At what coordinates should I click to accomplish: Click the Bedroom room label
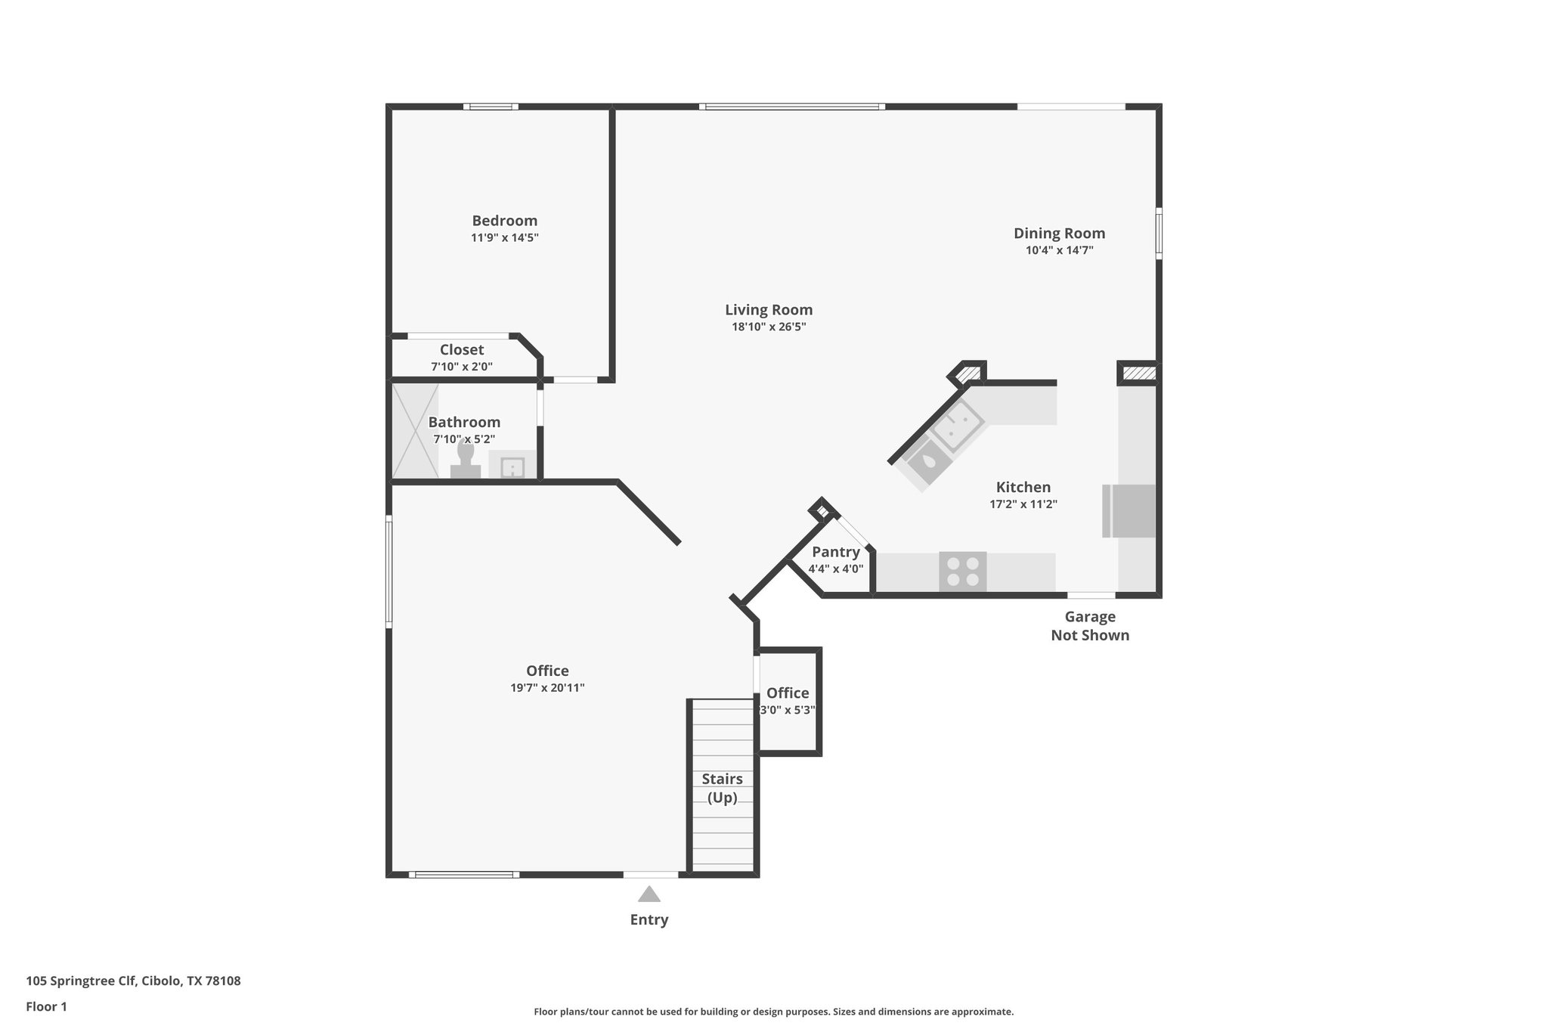[504, 221]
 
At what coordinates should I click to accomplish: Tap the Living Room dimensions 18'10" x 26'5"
[769, 327]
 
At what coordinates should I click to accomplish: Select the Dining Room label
[1059, 234]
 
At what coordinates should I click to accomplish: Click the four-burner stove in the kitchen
[962, 572]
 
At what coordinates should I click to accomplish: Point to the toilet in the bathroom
[466, 460]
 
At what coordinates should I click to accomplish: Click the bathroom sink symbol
[512, 466]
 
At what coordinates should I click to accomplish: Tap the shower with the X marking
[414, 431]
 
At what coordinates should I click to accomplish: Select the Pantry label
[835, 552]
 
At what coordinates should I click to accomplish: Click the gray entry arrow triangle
[649, 894]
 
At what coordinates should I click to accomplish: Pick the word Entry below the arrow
[649, 920]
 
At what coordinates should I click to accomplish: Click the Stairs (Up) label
[722, 788]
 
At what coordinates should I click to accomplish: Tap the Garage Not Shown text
[1090, 626]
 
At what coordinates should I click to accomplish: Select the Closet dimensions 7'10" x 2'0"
[462, 367]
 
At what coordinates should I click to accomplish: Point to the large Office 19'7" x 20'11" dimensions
[547, 688]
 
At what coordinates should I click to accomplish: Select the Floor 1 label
[46, 1006]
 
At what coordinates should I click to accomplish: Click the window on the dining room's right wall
[1159, 234]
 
